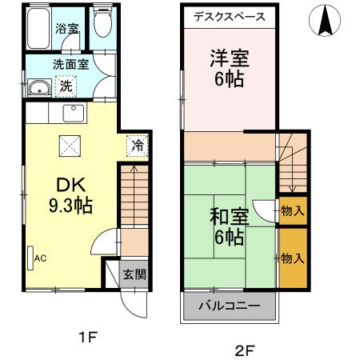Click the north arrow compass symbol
326,21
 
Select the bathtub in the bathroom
39,29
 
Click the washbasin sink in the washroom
37,89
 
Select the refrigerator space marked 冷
137,146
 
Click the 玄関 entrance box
134,274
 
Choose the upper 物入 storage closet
292,211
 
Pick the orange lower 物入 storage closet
292,258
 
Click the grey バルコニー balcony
230,306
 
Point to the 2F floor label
244,349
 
